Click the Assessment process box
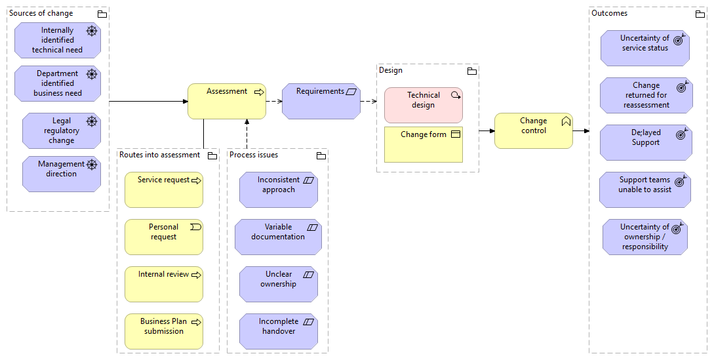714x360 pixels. coord(227,101)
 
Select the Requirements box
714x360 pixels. coord(321,101)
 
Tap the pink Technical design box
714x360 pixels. coord(424,106)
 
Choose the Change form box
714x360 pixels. coord(424,144)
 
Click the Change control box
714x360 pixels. coord(534,130)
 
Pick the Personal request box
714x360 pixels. coord(164,237)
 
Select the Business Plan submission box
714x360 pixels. coord(164,331)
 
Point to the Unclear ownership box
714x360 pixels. coord(279,285)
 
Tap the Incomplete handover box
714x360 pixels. coord(279,331)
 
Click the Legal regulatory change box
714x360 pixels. coord(62,130)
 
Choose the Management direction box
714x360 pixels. coord(62,174)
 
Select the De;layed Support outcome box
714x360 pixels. coord(646,143)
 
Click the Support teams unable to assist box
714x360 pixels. coord(645,190)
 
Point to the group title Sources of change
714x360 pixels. coord(41,13)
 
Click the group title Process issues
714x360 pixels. coord(254,155)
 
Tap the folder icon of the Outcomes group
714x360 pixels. coord(700,14)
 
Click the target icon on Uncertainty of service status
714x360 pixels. coord(679,39)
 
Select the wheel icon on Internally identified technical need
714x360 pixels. coord(92,31)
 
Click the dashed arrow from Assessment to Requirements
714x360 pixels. coord(274,101)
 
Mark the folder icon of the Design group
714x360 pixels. coord(472,71)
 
